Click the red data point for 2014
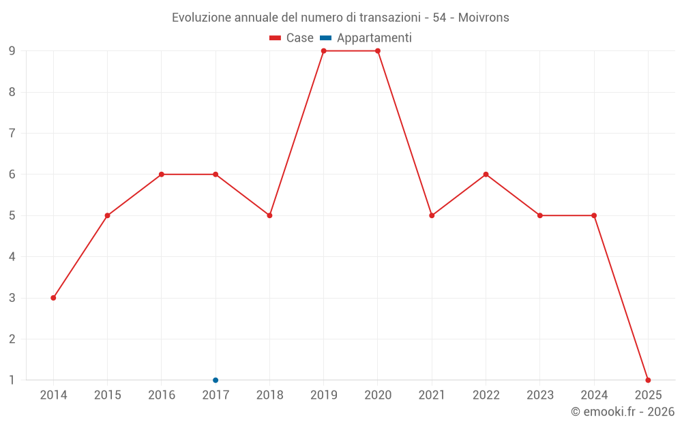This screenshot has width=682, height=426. point(53,298)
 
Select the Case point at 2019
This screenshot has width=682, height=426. point(324,51)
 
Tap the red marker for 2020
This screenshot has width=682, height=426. point(378,51)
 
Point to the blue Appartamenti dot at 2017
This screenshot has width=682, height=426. point(216,380)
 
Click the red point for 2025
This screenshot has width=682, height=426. point(648,380)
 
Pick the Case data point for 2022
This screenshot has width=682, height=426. point(486,174)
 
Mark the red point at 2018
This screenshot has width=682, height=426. point(269,215)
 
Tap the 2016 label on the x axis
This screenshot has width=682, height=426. point(162,395)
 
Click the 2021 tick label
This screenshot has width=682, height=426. point(432,395)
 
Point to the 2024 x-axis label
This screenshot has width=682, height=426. point(594,395)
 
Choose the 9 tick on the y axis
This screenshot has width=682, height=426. point(12,51)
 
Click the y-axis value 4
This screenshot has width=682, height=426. point(12,257)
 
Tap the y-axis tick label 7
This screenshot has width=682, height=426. point(12,134)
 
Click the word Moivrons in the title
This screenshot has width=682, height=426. point(484,18)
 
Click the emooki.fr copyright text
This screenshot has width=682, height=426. point(623,412)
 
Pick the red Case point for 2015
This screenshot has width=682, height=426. point(107,215)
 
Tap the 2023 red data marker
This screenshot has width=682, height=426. point(540,215)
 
